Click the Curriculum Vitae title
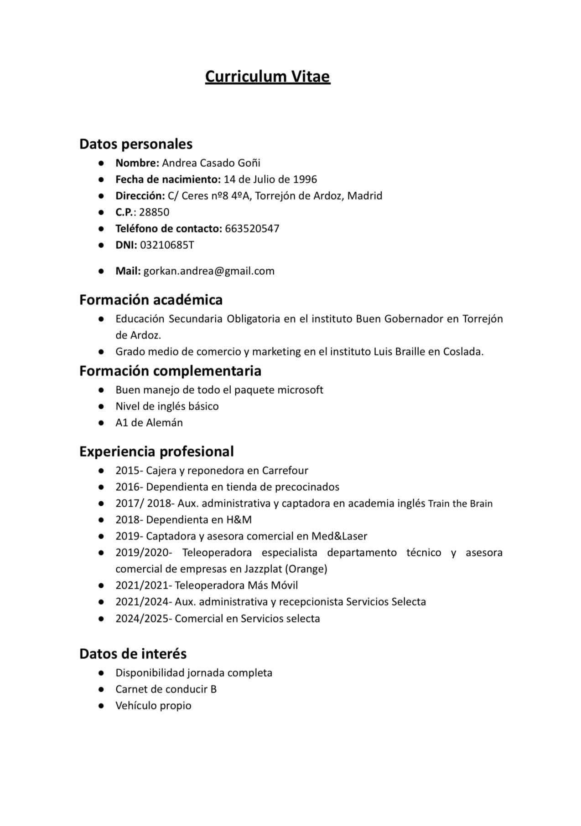coord(267,76)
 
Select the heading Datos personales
coord(136,144)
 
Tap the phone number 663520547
coord(252,228)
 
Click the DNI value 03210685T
coord(166,245)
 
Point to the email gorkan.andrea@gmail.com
coord(209,271)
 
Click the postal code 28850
coord(154,212)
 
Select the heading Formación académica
coord(151,299)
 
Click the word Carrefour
coord(285,470)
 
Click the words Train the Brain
coord(460,503)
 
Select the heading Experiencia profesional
coord(156,451)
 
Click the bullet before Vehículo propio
coord(101,706)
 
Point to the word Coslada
coord(463,351)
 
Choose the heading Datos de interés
coord(133,653)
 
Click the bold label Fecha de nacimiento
coord(168,179)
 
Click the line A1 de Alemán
coord(149,422)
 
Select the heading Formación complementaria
coord(170,370)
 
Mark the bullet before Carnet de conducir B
coord(101,689)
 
